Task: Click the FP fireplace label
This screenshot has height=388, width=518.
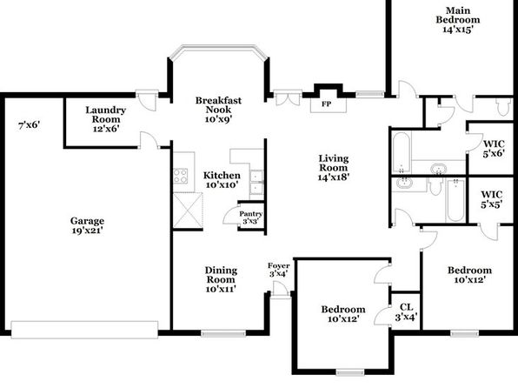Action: (x=327, y=104)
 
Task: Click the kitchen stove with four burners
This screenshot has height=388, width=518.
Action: (x=181, y=176)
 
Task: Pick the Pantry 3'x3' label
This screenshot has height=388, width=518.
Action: (x=250, y=217)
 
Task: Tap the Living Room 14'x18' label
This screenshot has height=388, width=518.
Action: (x=334, y=168)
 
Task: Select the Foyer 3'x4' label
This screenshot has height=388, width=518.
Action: (x=279, y=270)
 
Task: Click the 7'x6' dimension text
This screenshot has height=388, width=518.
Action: (x=29, y=125)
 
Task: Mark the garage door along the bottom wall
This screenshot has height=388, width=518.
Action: (x=84, y=330)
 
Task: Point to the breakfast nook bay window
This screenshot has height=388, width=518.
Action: (x=218, y=51)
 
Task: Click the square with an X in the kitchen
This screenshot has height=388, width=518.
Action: (x=188, y=211)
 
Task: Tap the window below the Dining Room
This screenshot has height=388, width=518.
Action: (x=223, y=334)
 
